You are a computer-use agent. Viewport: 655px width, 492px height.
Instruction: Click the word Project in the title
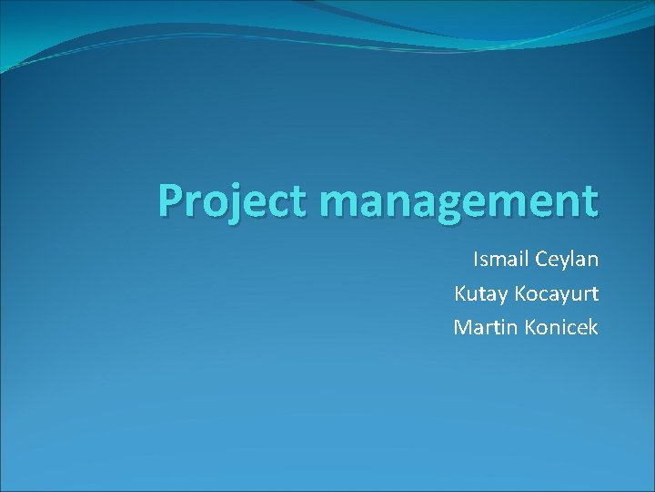(x=231, y=201)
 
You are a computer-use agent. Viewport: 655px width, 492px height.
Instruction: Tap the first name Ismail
(x=500, y=260)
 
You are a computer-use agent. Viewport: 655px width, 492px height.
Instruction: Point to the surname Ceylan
(x=567, y=261)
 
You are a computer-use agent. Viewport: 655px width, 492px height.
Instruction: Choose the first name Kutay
(x=481, y=293)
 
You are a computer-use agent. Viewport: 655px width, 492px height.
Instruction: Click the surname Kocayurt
(x=557, y=293)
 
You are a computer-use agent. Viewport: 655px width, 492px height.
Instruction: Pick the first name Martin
(x=486, y=326)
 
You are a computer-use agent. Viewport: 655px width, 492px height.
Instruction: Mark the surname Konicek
(x=561, y=326)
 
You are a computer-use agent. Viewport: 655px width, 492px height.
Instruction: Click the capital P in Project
(x=170, y=200)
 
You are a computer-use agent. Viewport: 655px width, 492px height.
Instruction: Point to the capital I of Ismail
(x=476, y=260)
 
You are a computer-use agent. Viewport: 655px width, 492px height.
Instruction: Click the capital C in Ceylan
(x=542, y=260)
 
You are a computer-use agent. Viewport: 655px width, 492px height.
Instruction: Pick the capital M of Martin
(x=462, y=326)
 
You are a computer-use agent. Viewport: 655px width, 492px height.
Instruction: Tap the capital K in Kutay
(x=460, y=293)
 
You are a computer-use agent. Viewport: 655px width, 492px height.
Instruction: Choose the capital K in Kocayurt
(x=519, y=293)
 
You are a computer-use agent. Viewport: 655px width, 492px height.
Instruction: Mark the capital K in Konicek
(x=530, y=326)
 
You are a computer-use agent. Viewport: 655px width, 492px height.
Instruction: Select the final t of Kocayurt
(x=594, y=293)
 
